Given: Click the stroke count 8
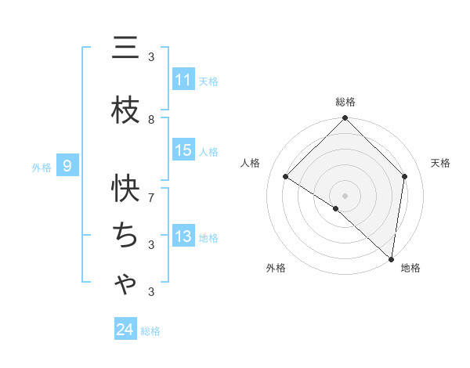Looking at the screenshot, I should coord(151,119).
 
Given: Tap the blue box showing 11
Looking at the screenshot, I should coord(183,79).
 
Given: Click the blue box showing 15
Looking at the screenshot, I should coord(183,150).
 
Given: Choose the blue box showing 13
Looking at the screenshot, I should coord(183,236).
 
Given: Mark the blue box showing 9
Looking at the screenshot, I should coord(68,165).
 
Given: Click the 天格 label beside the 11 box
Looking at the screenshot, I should coord(208,81).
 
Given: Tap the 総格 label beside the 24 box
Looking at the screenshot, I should coord(150,331).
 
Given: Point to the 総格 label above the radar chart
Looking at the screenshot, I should coord(345,102).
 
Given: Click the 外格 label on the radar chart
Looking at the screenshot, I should coord(276,268).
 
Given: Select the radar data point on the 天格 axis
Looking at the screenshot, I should coord(405,176).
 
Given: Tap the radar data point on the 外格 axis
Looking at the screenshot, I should coord(336,208).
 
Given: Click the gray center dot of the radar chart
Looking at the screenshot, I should coord(345,195).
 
